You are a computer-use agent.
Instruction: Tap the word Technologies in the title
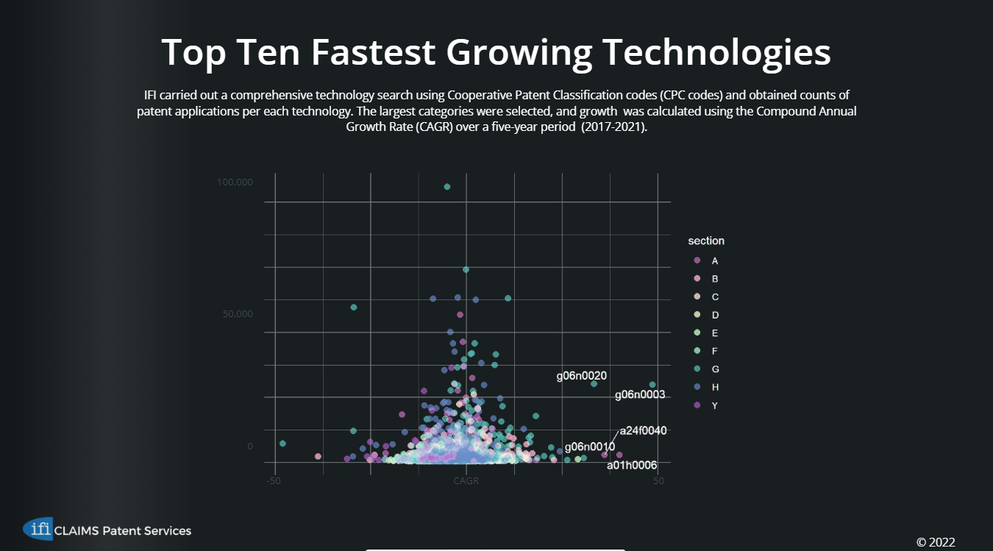pos(716,53)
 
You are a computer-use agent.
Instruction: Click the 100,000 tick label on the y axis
pos(235,182)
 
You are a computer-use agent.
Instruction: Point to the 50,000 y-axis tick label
pos(238,314)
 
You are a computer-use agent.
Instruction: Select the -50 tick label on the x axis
pos(274,481)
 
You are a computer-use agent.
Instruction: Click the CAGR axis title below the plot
pos(466,481)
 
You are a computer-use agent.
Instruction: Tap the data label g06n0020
pos(581,376)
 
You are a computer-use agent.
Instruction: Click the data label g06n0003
pos(639,395)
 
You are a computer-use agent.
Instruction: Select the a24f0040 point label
pos(643,430)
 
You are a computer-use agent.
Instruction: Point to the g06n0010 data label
pos(589,447)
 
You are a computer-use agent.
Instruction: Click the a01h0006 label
pos(632,465)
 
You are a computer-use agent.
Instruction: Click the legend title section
pos(706,241)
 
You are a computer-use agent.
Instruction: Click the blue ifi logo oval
pos(38,528)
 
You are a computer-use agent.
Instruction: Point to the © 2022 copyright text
pos(936,542)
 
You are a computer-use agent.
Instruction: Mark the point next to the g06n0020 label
pos(594,384)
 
